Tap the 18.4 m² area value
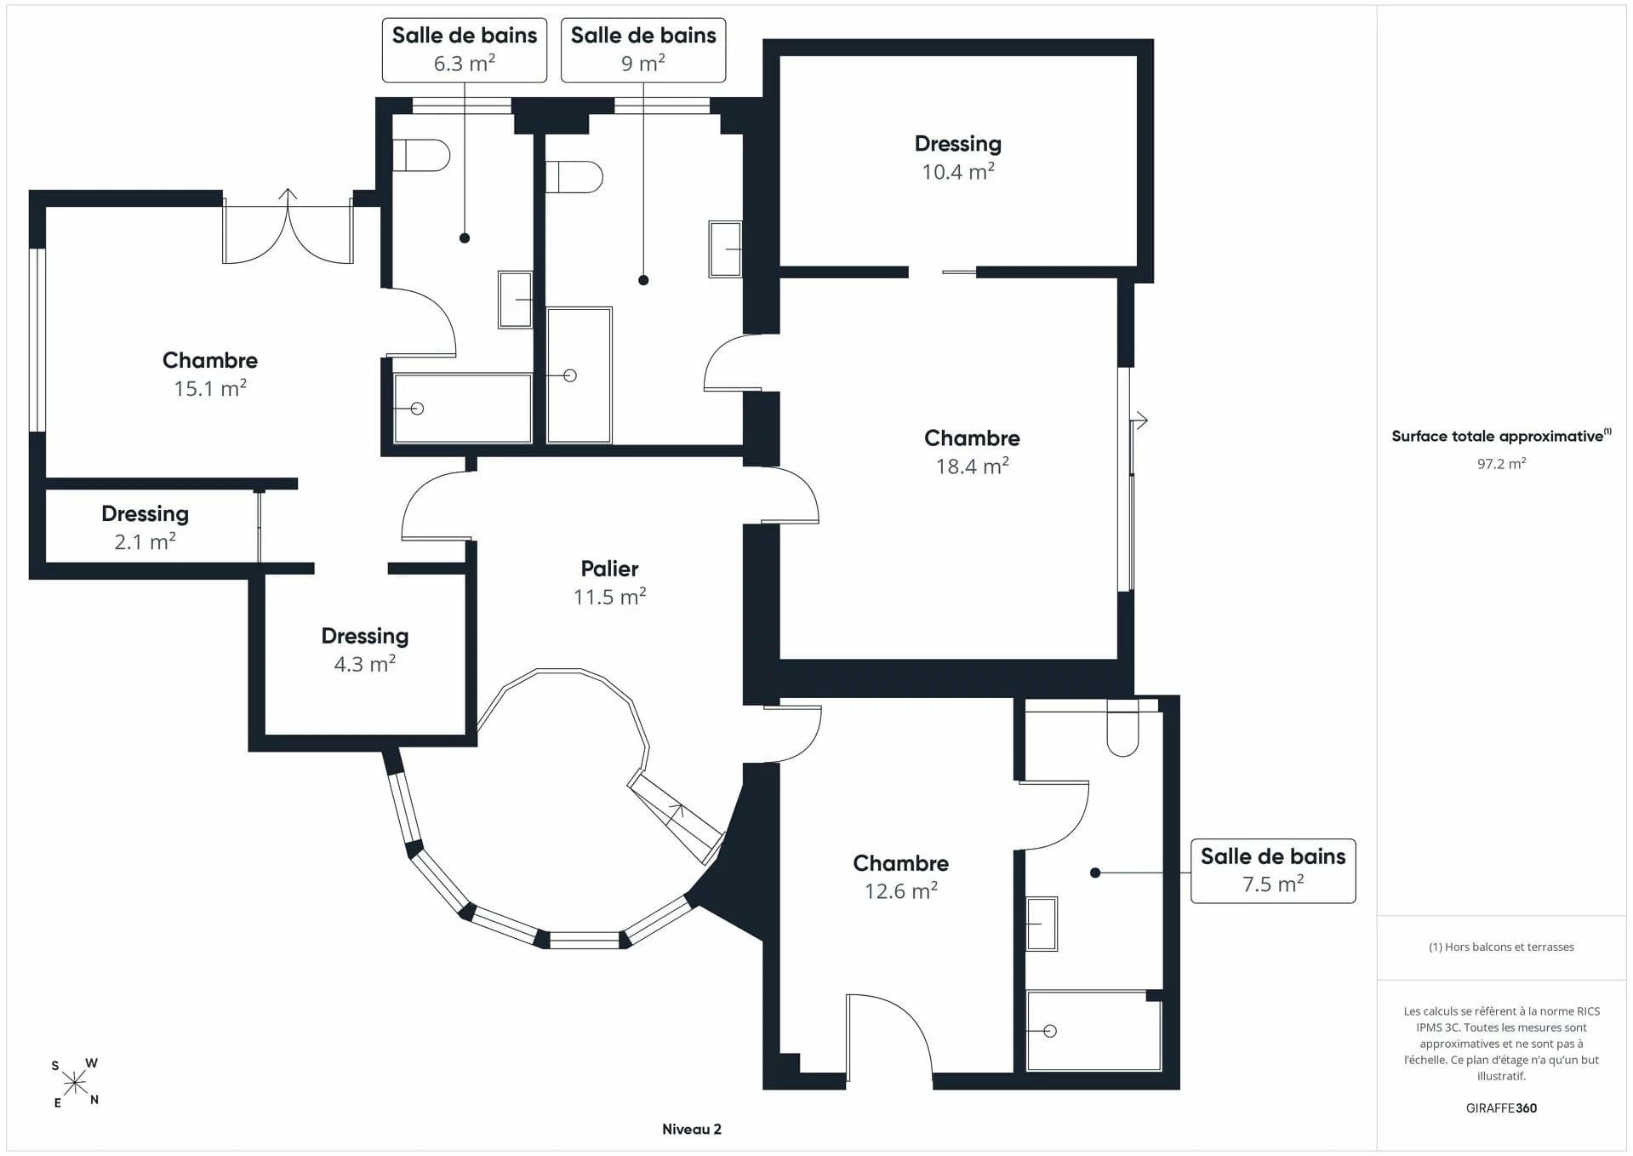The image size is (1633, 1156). pyautogui.click(x=972, y=466)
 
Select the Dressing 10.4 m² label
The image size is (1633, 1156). pyautogui.click(x=958, y=157)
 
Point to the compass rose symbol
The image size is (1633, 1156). pyautogui.click(x=75, y=1083)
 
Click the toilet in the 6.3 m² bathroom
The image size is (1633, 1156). pyautogui.click(x=420, y=155)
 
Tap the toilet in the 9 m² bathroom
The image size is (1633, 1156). pyautogui.click(x=574, y=177)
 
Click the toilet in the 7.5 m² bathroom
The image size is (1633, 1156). pyautogui.click(x=1122, y=728)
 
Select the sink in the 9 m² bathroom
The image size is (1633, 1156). pyautogui.click(x=725, y=249)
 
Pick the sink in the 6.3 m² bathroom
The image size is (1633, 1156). pyautogui.click(x=515, y=299)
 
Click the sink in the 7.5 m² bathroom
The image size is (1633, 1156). pyautogui.click(x=1042, y=924)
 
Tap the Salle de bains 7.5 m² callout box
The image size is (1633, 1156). pyautogui.click(x=1273, y=871)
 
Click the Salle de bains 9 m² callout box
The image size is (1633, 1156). pyautogui.click(x=643, y=50)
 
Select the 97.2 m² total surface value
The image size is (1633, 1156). pyautogui.click(x=1501, y=464)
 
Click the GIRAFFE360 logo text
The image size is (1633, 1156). pyautogui.click(x=1501, y=1107)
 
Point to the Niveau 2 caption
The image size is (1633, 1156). pyautogui.click(x=692, y=1129)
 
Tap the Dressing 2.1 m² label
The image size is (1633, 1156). pyautogui.click(x=145, y=528)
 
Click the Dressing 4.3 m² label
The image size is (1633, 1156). pyautogui.click(x=365, y=650)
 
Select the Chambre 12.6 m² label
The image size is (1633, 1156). pyautogui.click(x=901, y=877)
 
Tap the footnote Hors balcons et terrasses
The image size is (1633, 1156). pyautogui.click(x=1501, y=947)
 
